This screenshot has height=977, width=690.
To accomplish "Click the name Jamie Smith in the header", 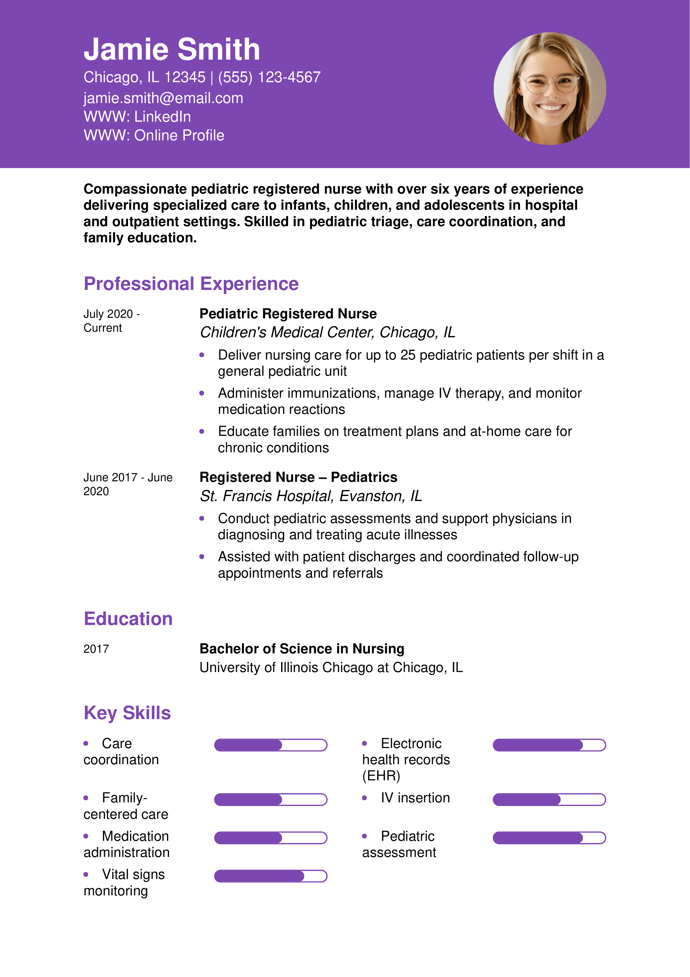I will (172, 49).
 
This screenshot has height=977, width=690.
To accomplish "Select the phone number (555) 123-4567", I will (269, 77).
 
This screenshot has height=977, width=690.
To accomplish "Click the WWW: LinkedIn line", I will (137, 117).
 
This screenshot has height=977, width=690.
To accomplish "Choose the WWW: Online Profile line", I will (154, 135).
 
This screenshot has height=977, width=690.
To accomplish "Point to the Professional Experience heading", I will (191, 284).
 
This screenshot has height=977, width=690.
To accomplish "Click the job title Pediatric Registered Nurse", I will (288, 314).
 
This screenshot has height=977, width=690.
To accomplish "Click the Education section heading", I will (128, 619).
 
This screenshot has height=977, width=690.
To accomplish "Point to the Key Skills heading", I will (127, 713).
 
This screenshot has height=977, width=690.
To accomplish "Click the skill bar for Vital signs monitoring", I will (270, 876).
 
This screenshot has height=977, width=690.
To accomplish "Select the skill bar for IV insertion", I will (549, 800).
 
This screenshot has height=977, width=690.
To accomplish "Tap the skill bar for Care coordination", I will (270, 745).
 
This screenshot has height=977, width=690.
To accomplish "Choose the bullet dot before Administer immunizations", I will (202, 393).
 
